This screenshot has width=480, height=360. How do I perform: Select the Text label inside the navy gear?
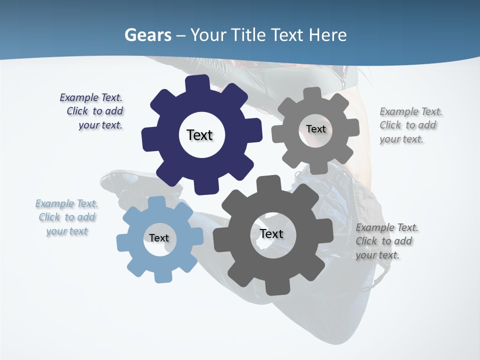click(x=199, y=135)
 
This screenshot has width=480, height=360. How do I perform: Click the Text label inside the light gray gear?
click(x=315, y=129)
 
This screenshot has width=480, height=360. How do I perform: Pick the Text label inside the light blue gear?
click(x=159, y=238)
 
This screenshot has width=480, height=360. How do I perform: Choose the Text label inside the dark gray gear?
click(x=271, y=233)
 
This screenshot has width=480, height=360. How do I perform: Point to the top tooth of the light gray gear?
click(x=312, y=94)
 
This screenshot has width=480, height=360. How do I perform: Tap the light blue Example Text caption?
click(x=67, y=217)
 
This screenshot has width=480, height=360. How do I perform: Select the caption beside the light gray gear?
click(x=410, y=125)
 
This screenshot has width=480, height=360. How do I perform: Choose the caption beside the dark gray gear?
click(x=386, y=241)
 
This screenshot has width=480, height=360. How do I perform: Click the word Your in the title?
click(x=208, y=35)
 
